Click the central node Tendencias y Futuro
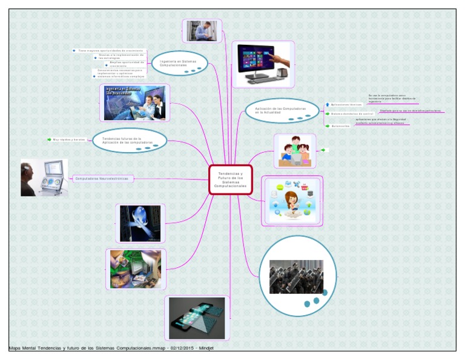[x=230, y=179]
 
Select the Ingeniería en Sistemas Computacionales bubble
[x=179, y=63]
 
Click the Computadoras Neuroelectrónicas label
[x=102, y=178]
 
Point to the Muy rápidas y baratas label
[x=70, y=140]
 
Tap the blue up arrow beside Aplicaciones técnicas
[x=328, y=104]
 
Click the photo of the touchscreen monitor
[x=263, y=64]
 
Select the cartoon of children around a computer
[x=295, y=151]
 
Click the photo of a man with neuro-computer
[x=44, y=178]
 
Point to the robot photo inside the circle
[x=296, y=276]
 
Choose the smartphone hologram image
[x=197, y=318]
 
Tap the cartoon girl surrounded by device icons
[x=292, y=201]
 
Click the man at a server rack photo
[x=202, y=31]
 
